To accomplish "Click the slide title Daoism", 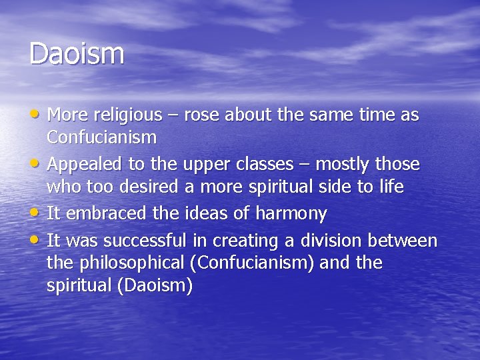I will [x=77, y=54].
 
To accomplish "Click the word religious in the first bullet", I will [x=127, y=115].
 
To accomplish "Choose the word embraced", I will [x=99, y=213].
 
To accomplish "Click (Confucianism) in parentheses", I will [x=252, y=263].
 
